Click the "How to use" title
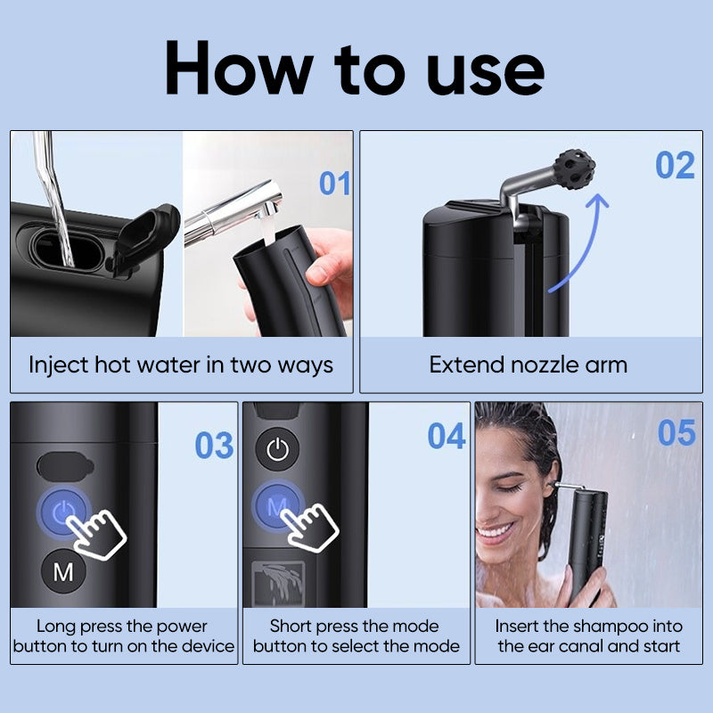click(355, 68)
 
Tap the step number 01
click(335, 184)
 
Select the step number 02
click(675, 166)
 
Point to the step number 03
click(214, 445)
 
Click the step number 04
click(447, 436)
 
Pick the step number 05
click(676, 432)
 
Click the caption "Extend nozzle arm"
click(528, 365)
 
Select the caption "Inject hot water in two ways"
click(181, 365)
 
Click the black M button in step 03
click(63, 571)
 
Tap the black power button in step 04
click(278, 450)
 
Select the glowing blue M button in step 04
click(276, 506)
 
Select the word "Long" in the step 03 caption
click(56, 627)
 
